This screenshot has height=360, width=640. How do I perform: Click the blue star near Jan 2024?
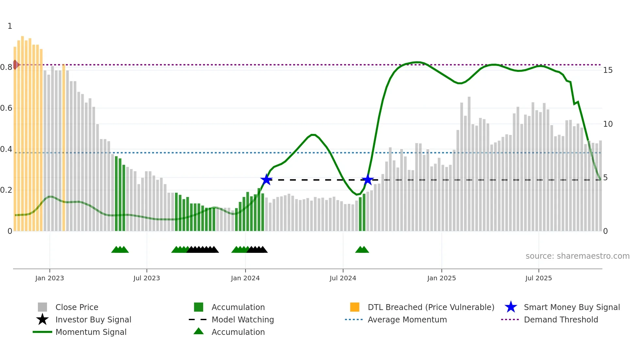coord(266,180)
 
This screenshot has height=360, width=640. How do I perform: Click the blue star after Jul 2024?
coord(368,180)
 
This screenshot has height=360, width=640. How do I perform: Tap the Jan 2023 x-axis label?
coord(50,278)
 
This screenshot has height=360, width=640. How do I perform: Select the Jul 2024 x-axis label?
coord(343,278)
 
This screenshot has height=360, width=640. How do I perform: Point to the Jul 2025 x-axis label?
coord(538,278)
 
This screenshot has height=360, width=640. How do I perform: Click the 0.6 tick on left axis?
coord(7,108)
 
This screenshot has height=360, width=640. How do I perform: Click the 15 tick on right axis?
coord(608,70)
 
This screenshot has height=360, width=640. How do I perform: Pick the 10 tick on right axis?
coord(608,124)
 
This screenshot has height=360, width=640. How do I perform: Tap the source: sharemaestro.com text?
coord(577,256)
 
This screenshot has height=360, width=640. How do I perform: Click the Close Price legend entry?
coord(77,307)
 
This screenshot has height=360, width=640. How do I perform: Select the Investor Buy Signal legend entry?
coord(93,320)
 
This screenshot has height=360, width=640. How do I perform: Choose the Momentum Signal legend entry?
coord(91,332)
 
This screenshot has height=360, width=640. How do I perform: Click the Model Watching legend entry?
coord(243,320)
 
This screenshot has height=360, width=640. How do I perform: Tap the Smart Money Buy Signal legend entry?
coord(571,307)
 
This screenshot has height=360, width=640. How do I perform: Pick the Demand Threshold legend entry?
coord(561,320)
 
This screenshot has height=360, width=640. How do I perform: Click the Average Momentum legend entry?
coord(407,320)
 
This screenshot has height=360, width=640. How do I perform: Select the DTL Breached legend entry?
coord(431,307)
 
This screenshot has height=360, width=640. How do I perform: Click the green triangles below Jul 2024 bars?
coord(362,250)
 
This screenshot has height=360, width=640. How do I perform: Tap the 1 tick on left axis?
coord(10,26)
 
